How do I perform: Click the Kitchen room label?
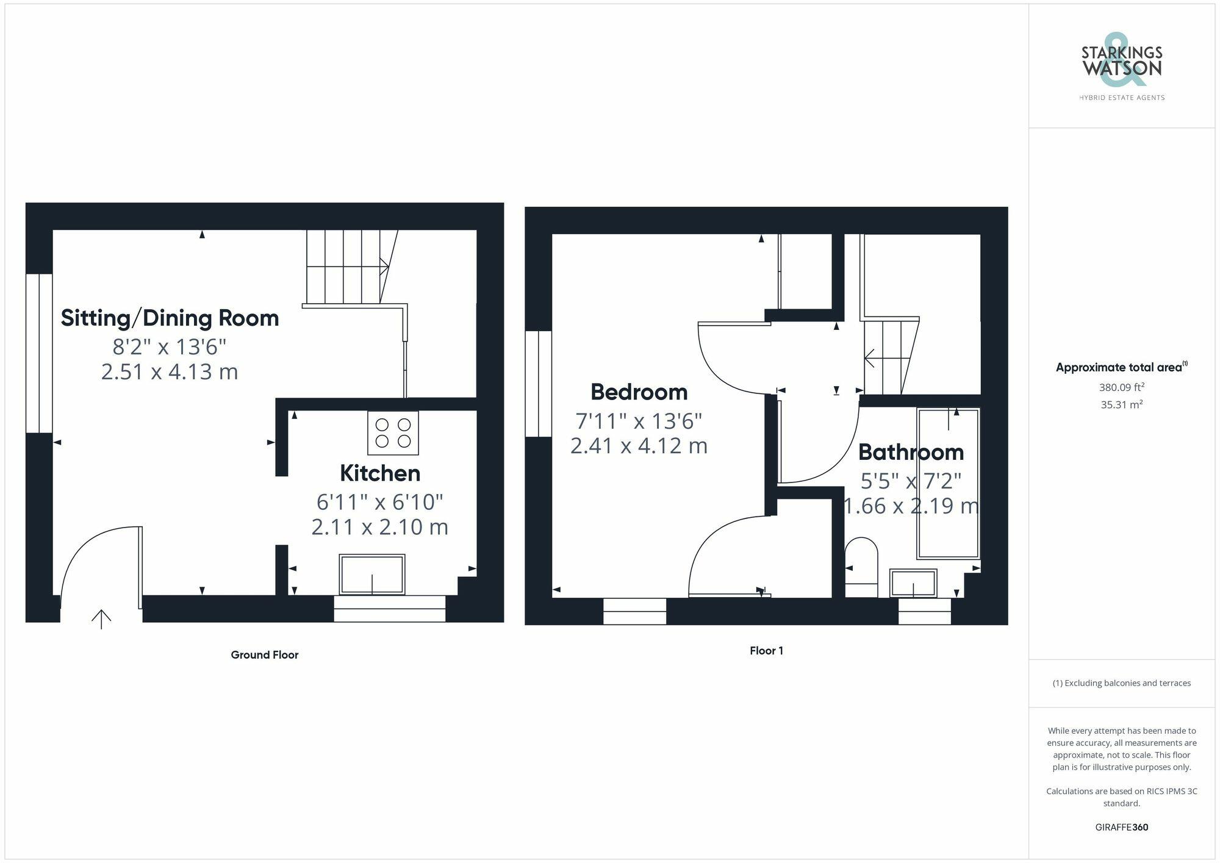pos(379,473)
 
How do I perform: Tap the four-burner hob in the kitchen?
pos(393,432)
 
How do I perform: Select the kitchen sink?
pos(371,574)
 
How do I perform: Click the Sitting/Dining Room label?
pos(170,318)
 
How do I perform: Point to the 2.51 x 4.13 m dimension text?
pos(170,371)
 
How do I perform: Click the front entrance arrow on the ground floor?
pos(101,618)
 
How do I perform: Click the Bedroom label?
pos(639,392)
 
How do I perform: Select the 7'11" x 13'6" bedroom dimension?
pos(639,421)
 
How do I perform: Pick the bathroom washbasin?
pos(913,583)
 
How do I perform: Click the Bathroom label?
pos(911,452)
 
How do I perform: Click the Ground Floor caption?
pos(264,654)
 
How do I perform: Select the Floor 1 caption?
pos(766,650)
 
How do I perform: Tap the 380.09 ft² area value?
pos(1121,387)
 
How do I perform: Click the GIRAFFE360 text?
pos(1121,827)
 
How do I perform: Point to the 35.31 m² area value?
pos(1121,404)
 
